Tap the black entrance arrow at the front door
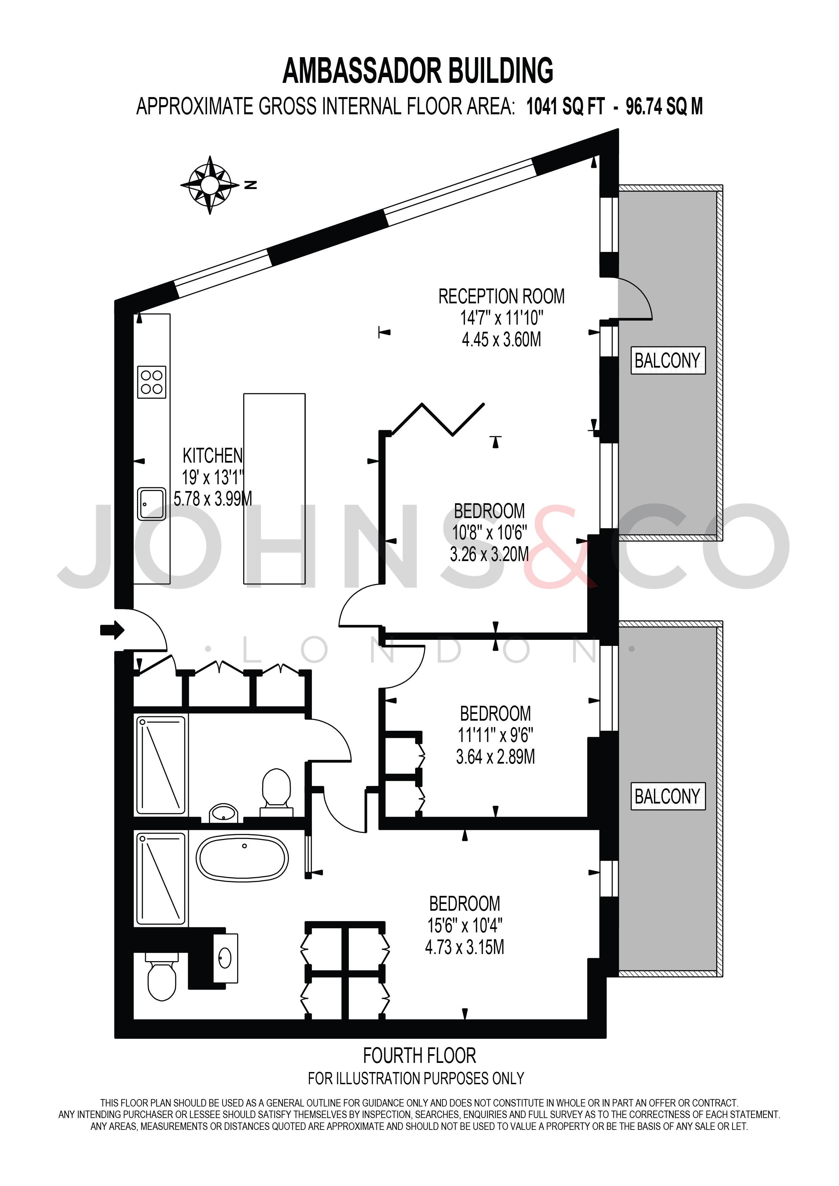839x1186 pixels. tap(112, 630)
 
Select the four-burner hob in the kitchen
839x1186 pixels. tap(151, 382)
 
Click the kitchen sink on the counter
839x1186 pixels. tap(151, 504)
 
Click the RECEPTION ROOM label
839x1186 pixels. tap(501, 297)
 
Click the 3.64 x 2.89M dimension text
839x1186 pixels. tap(495, 757)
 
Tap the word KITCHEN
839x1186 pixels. tap(212, 456)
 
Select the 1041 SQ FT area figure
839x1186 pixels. tap(565, 107)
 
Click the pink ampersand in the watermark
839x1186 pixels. tap(561, 548)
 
